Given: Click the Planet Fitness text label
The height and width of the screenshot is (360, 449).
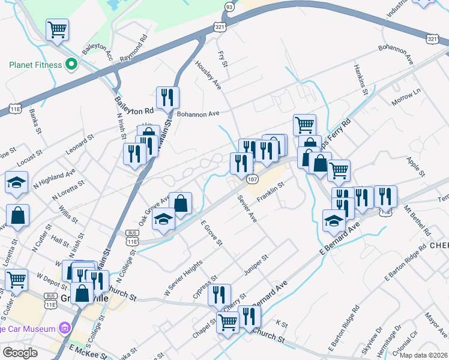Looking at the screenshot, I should pos(35,65).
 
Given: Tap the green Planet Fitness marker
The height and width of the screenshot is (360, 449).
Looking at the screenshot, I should pos(71,64).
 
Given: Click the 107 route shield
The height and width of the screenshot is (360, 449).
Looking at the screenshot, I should pos(252,179).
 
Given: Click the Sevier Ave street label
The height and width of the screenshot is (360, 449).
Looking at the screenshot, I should pos(247,209).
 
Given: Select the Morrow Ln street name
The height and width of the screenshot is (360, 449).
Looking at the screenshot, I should pos(406,95).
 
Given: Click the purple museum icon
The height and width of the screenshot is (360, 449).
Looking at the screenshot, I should pos(64,328).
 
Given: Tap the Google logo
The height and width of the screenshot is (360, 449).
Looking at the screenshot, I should pos(20,352).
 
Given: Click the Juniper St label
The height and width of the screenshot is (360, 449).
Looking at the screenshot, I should pos(256,265).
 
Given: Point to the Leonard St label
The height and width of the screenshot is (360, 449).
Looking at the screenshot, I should pos(80,145).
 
